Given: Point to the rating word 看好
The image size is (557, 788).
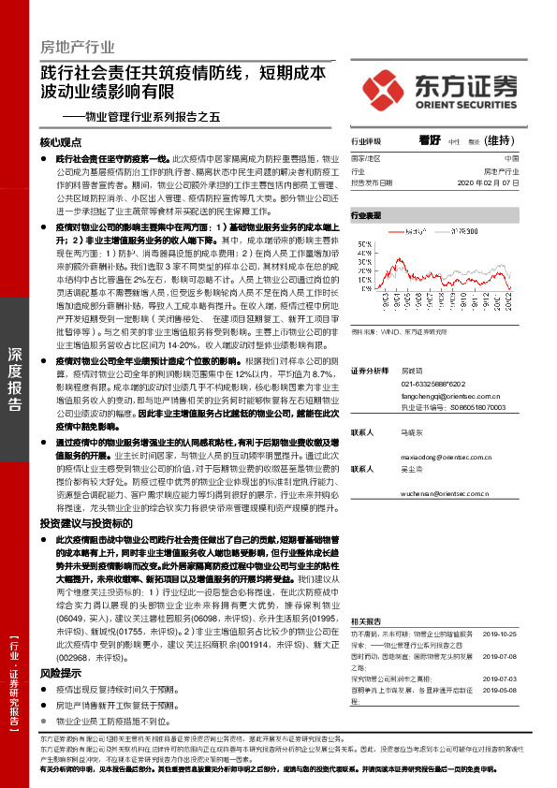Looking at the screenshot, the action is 430,140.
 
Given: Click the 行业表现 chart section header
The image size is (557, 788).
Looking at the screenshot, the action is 367,215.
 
